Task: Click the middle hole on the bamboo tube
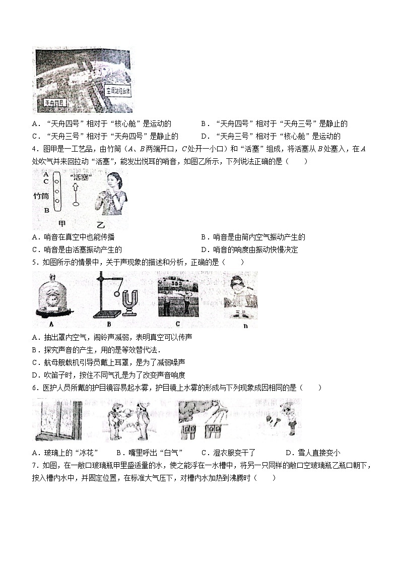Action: click(57, 192)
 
